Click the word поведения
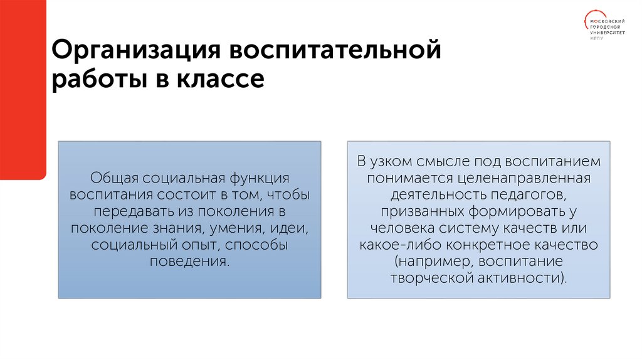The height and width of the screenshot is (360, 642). tap(189, 261)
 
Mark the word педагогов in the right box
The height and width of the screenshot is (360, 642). tap(536, 194)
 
